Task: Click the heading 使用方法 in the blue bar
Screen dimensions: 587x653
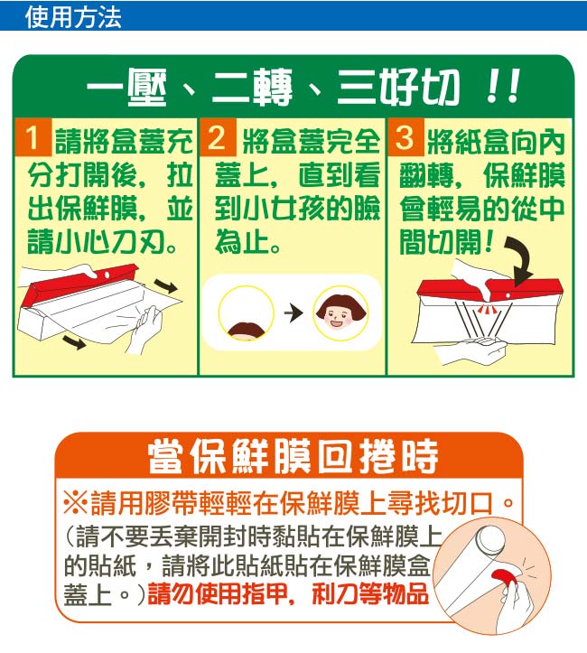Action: [73, 17]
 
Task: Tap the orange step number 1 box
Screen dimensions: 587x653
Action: [33, 137]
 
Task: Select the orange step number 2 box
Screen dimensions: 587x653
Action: [219, 137]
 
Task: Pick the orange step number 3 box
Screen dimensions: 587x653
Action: [405, 137]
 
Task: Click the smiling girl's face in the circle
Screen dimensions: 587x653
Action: [340, 313]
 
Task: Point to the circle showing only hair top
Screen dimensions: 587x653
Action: [246, 313]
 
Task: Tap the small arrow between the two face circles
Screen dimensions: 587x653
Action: [293, 313]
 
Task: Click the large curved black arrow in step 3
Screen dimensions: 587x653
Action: [521, 259]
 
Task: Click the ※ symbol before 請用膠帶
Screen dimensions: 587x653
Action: [75, 503]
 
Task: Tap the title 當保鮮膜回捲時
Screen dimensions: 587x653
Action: [293, 457]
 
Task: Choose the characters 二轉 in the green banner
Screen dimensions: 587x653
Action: [251, 87]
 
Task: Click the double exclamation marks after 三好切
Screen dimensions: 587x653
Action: [503, 86]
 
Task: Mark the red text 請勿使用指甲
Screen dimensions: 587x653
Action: [215, 593]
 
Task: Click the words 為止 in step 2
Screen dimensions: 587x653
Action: [242, 242]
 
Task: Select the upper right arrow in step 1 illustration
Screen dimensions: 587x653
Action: [165, 285]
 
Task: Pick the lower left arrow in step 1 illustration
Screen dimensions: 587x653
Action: [74, 342]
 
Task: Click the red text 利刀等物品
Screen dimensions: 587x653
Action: [370, 593]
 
